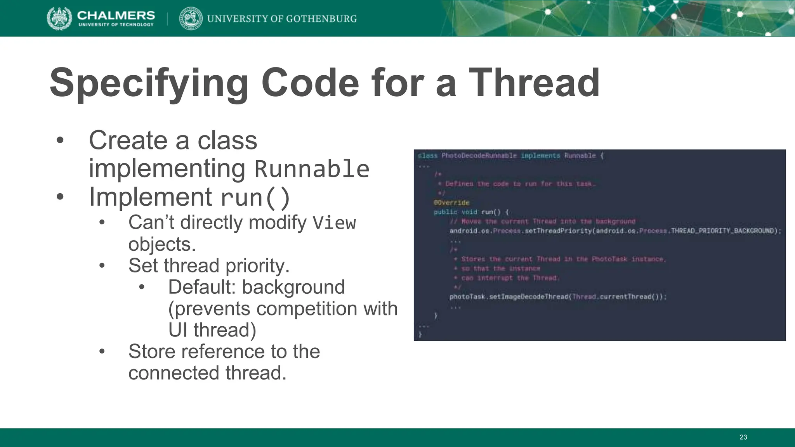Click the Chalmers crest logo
[x=59, y=18]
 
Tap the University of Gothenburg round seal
[x=191, y=18]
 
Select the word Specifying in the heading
[x=149, y=83]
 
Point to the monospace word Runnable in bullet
[x=312, y=169]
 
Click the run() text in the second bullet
[x=255, y=198]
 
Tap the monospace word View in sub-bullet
[x=334, y=223]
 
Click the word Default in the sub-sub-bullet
[x=201, y=288]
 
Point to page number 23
[x=743, y=437]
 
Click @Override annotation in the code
[x=451, y=203]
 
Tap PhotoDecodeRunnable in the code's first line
[x=479, y=156]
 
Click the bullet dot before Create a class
[x=59, y=140]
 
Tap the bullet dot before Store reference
[x=102, y=352]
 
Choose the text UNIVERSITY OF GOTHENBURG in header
[x=282, y=19]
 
